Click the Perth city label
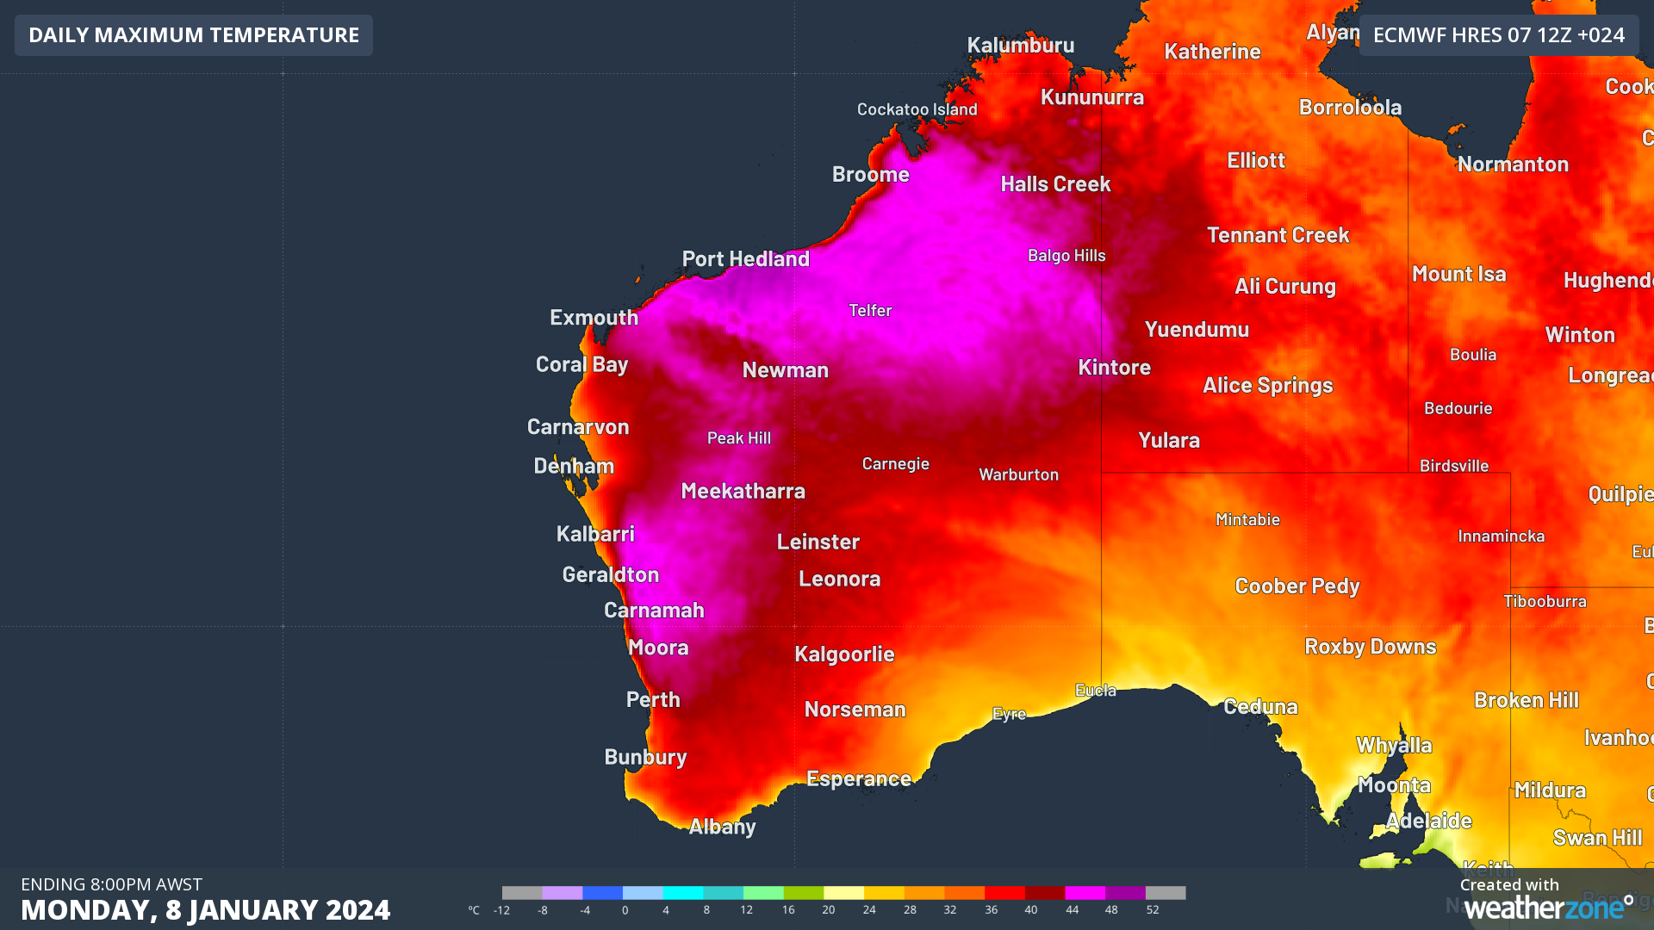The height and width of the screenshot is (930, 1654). tap(653, 699)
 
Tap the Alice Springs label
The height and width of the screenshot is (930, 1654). tap(1267, 385)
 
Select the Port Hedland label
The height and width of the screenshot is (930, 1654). tap(745, 258)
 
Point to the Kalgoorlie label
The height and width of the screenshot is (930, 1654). tap(844, 654)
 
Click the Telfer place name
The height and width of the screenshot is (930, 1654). tap(870, 310)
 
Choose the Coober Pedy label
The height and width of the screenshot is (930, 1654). tap(1296, 586)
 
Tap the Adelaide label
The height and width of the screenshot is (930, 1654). tap(1428, 821)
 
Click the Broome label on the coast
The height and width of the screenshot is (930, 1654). tap(870, 174)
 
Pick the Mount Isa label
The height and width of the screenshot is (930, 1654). tap(1458, 274)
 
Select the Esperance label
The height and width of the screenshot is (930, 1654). tap(858, 778)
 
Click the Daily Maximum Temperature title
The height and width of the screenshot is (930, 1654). tap(194, 35)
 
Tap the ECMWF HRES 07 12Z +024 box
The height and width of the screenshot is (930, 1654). tap(1498, 35)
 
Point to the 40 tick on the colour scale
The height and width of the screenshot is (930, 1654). tap(1031, 910)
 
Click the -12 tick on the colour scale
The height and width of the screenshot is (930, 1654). tap(501, 910)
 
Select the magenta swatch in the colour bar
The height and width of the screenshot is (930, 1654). tap(1085, 893)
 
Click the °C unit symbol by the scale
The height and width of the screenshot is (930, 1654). tap(474, 910)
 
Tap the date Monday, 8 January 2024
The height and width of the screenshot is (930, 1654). tap(205, 910)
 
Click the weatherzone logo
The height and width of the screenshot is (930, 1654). tap(1548, 908)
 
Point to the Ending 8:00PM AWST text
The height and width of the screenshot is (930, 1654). tap(111, 884)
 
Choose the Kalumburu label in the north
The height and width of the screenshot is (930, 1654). tap(1020, 45)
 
